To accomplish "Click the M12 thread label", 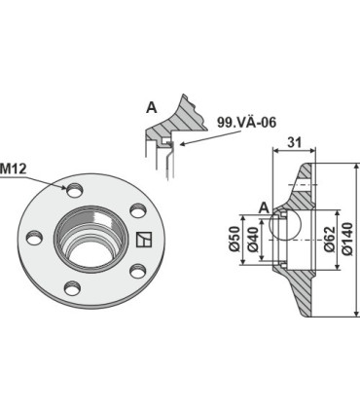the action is coord(14,169).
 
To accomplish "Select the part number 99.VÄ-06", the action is coord(247,123).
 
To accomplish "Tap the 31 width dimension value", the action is coord(294,142).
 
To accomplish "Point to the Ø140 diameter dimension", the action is coord(347,239).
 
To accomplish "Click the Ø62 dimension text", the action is coord(330,239).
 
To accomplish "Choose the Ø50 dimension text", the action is coord(234,239).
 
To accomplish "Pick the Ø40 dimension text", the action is coord(253,240).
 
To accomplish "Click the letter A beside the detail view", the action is coord(152,108).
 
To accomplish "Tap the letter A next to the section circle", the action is coord(265,207).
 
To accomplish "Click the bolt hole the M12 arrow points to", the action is coord(74,191).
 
